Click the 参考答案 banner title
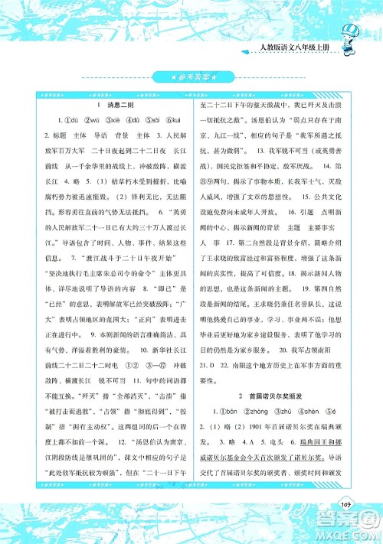point(191,77)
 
